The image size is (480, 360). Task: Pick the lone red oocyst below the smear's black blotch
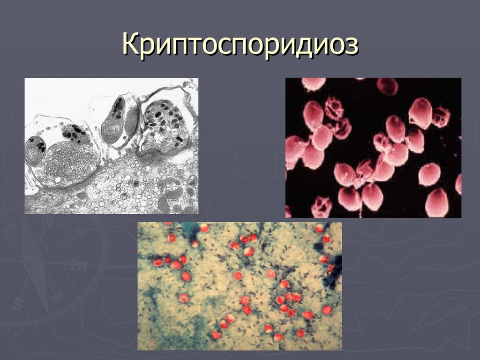point(327,309)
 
